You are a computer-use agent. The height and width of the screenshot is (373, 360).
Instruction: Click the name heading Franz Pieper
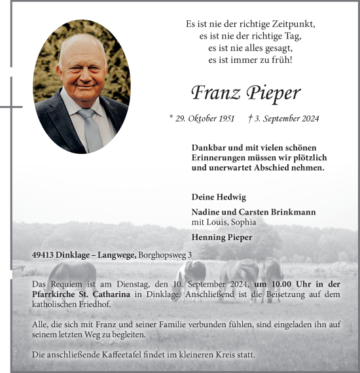245,94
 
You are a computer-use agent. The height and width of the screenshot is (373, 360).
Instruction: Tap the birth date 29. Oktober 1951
202,118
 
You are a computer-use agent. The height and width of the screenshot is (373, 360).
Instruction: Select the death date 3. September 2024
284,118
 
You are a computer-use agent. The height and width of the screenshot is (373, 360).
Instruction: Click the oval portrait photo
82,86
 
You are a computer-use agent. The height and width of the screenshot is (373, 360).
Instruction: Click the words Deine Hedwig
209,196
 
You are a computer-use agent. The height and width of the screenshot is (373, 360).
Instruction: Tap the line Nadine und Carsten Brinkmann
253,212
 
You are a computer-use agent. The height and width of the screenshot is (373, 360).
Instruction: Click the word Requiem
69,284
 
